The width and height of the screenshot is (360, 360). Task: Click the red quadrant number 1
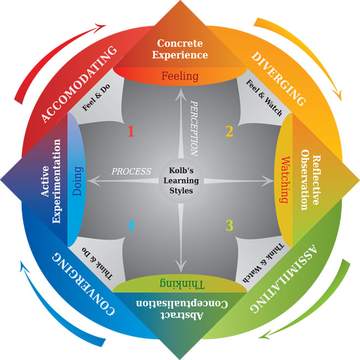[x=130, y=131]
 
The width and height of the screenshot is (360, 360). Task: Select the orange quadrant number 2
[x=230, y=131]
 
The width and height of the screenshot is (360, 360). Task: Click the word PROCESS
[x=131, y=171]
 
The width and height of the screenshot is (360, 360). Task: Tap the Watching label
[x=284, y=180]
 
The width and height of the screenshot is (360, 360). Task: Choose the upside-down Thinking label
[x=180, y=283]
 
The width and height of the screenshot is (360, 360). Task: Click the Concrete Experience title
[x=180, y=49]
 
